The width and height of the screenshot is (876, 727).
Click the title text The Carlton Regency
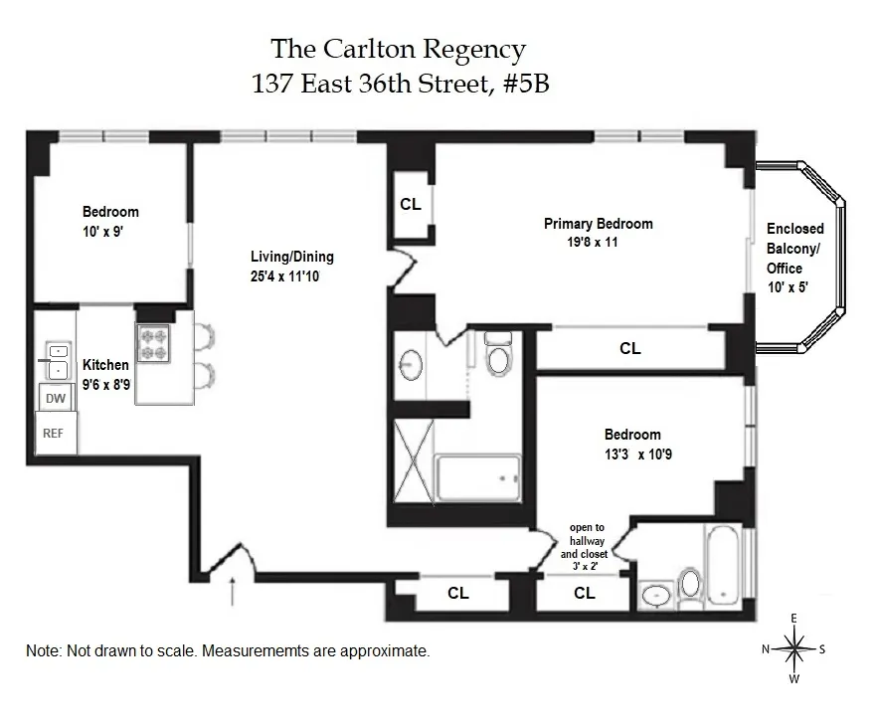[399, 49]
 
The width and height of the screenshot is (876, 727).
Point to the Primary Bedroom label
[598, 224]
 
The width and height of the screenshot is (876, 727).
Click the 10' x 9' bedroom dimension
[101, 230]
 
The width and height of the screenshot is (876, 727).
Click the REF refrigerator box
[53, 434]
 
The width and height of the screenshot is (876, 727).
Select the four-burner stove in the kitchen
[154, 344]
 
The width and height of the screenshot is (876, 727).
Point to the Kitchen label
[105, 365]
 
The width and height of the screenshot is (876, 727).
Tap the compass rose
[793, 650]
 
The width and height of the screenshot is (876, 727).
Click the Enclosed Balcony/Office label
[794, 249]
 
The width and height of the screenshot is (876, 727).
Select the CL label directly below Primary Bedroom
[629, 348]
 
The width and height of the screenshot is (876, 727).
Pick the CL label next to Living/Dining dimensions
[410, 205]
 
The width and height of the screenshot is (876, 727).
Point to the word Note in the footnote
[43, 651]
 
